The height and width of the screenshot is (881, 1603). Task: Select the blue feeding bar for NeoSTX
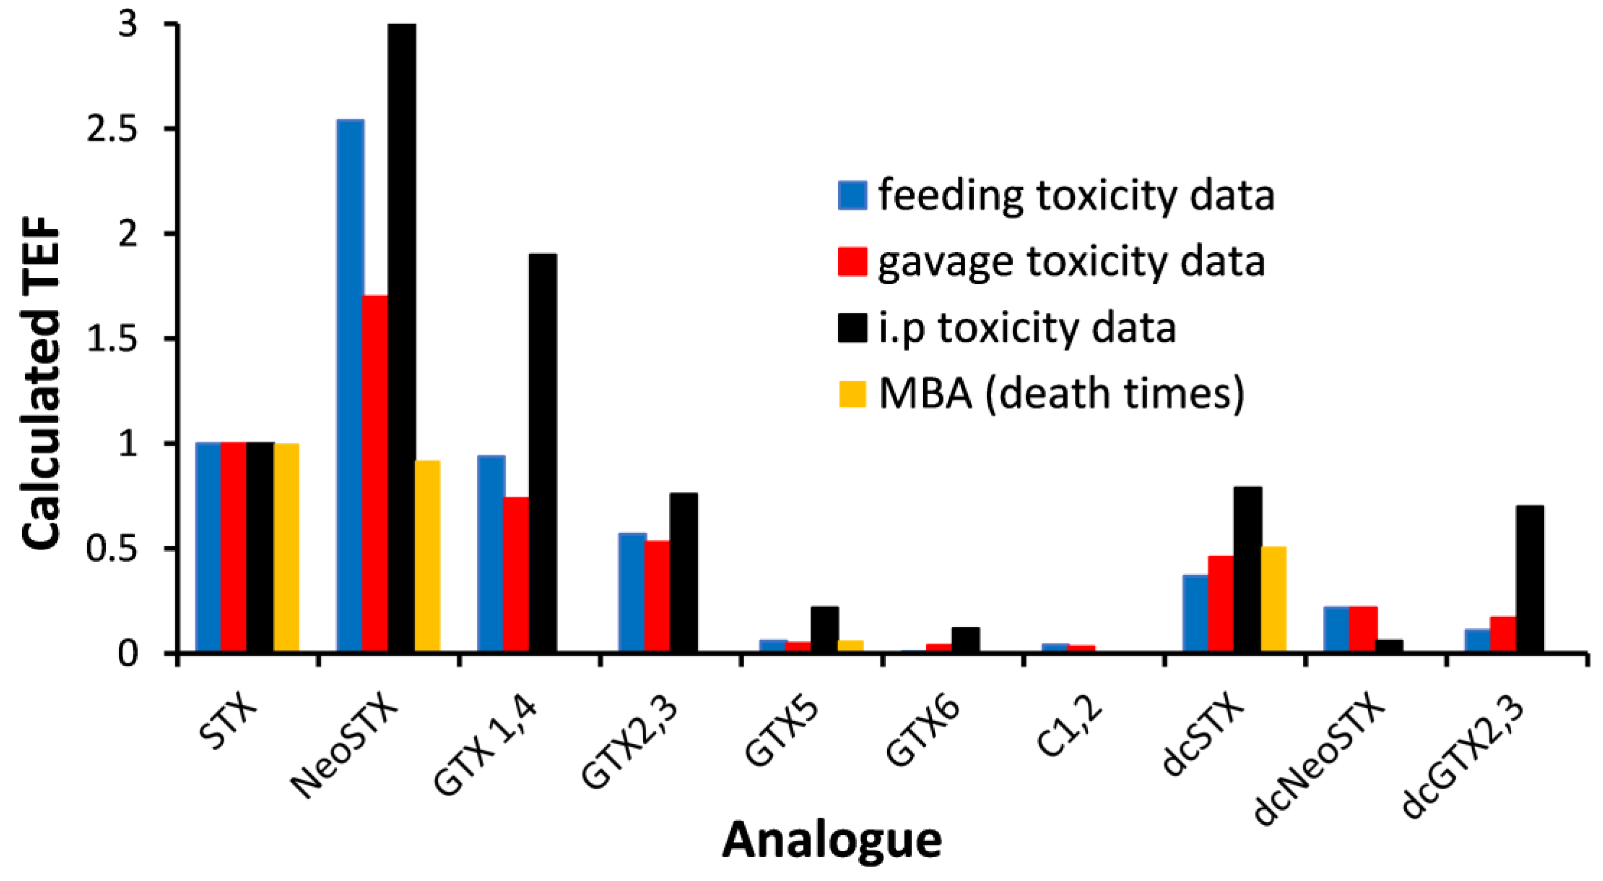tap(350, 386)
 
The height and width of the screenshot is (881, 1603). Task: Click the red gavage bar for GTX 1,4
tap(516, 574)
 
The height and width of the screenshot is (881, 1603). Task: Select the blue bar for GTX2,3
tap(632, 592)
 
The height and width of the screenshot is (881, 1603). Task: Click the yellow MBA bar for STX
tap(286, 547)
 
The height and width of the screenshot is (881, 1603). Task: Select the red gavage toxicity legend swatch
tap(852, 261)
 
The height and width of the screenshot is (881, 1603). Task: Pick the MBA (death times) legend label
tap(1061, 395)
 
